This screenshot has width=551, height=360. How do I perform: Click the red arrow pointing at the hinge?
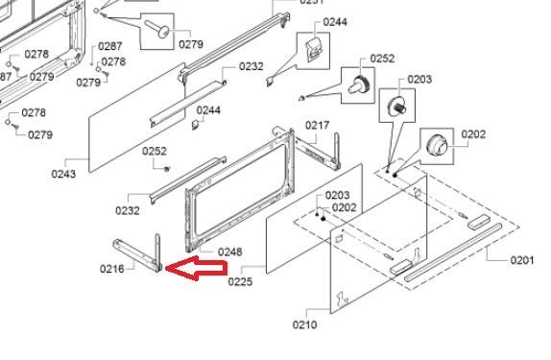click(x=196, y=269)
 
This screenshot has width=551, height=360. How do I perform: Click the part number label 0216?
click(x=112, y=269)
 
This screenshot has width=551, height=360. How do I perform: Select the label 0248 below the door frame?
click(x=229, y=252)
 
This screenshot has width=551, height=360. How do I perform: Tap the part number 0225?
click(x=240, y=281)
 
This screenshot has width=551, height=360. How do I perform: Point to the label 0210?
click(x=304, y=324)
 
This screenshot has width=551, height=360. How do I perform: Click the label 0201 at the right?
click(x=522, y=260)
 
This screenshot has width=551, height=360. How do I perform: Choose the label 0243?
click(x=63, y=174)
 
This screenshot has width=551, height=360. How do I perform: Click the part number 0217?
click(x=318, y=125)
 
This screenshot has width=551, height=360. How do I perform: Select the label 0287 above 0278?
click(x=110, y=46)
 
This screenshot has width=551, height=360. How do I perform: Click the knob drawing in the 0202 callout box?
click(x=437, y=145)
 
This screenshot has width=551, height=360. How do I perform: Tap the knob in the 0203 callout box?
click(x=397, y=105)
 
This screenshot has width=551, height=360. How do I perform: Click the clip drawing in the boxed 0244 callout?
click(x=314, y=49)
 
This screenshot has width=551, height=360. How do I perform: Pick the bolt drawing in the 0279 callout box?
click(x=157, y=29)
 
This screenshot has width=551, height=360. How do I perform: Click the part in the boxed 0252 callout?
click(x=358, y=84)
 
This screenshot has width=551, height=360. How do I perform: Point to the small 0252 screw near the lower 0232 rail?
click(x=167, y=169)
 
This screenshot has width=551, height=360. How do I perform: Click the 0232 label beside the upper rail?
click(x=252, y=66)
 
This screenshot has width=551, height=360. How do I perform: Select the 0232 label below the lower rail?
click(x=128, y=210)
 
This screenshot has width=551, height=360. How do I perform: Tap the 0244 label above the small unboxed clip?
click(x=208, y=110)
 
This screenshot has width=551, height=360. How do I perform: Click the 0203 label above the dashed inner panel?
click(x=337, y=195)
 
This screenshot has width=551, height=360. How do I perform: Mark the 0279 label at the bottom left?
click(x=40, y=134)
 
